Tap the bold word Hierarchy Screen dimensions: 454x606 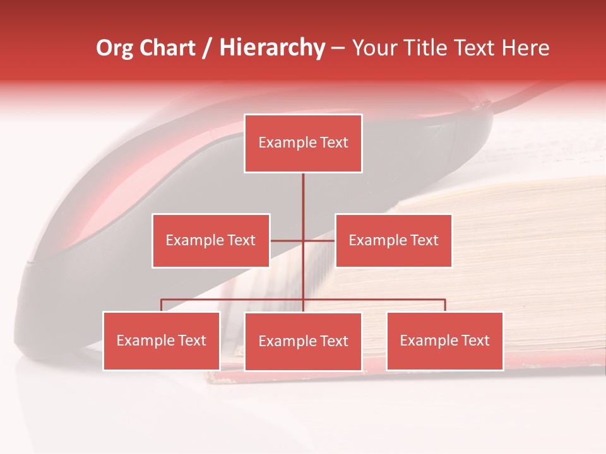click(271, 49)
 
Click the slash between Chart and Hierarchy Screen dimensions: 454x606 click(207, 49)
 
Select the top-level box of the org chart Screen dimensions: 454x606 click(303, 143)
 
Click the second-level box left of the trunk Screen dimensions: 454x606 click(211, 240)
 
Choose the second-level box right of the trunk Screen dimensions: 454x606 click(393, 240)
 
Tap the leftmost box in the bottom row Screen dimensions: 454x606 click(162, 340)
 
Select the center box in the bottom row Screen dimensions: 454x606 click(303, 341)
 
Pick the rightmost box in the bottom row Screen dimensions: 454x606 click(444, 340)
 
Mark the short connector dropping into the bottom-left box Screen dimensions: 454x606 click(162, 305)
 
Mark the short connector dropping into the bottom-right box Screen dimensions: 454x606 click(445, 305)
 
